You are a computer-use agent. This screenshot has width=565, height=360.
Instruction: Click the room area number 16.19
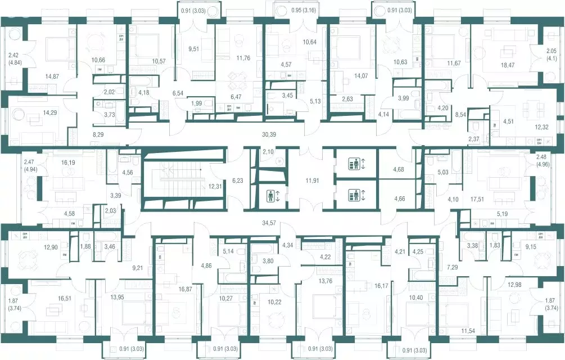(68, 163)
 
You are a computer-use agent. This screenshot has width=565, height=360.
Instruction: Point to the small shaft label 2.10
(269, 152)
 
